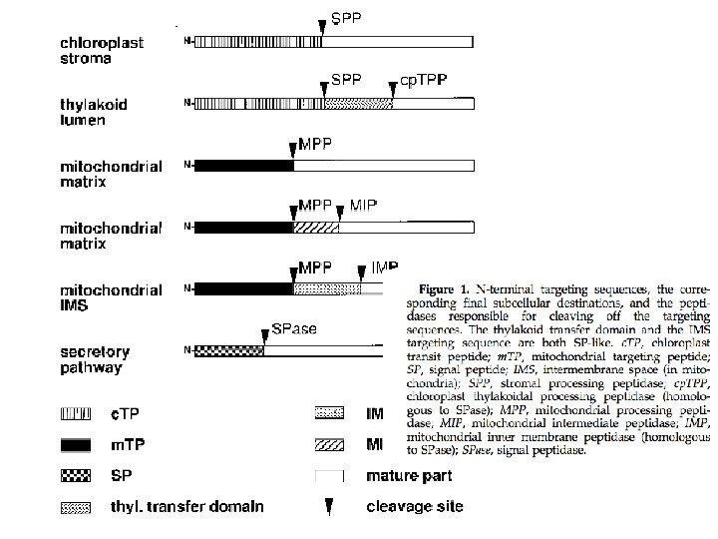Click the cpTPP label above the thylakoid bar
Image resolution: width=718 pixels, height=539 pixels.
pyautogui.click(x=423, y=79)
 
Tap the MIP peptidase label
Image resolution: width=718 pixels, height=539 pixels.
pyautogui.click(x=364, y=207)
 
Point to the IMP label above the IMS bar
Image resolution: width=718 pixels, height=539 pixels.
pyautogui.click(x=385, y=268)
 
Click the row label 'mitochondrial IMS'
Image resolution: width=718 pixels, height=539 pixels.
pyautogui.click(x=110, y=297)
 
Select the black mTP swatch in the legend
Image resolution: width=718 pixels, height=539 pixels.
pyautogui.click(x=76, y=443)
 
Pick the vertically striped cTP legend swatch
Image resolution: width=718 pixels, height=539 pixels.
pyautogui.click(x=76, y=412)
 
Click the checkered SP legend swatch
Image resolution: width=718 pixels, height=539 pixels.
pyautogui.click(x=76, y=475)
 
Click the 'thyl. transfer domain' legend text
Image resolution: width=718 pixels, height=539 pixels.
pyautogui.click(x=186, y=507)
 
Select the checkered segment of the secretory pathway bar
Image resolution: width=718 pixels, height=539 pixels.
pyautogui.click(x=228, y=350)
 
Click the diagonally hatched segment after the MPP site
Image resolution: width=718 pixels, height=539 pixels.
pyautogui.click(x=315, y=228)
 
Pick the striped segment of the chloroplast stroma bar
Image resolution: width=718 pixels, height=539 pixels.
pyautogui.click(x=257, y=41)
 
